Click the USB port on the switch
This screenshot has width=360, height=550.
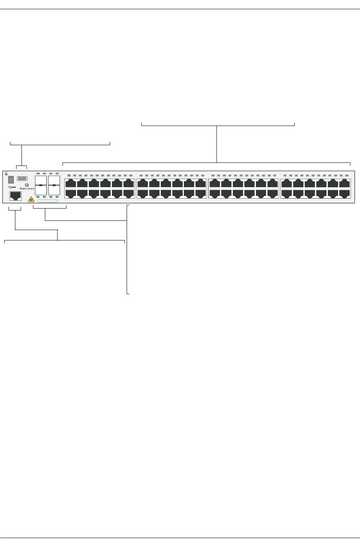click(x=22, y=179)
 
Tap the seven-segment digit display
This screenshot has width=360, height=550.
click(x=11, y=180)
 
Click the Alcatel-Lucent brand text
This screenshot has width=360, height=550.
click(x=27, y=189)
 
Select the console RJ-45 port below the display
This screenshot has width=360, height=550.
click(x=15, y=196)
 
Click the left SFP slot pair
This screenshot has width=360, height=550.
click(x=41, y=185)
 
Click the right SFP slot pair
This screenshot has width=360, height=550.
click(x=54, y=185)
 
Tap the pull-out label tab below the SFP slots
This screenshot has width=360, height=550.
click(x=48, y=201)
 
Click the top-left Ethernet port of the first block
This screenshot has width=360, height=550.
click(x=71, y=183)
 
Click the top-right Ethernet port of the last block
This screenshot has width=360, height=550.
click(x=345, y=183)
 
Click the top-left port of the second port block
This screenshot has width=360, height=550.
click(x=143, y=183)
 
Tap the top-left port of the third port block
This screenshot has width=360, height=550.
click(x=215, y=183)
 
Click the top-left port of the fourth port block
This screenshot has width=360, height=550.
click(x=287, y=183)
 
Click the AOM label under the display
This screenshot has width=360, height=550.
click(x=12, y=187)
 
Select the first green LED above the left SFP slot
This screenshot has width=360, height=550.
click(x=38, y=174)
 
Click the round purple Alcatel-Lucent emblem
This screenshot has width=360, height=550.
click(x=27, y=185)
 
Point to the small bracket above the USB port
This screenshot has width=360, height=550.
click(x=22, y=166)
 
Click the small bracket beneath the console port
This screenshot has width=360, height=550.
click(x=15, y=210)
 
